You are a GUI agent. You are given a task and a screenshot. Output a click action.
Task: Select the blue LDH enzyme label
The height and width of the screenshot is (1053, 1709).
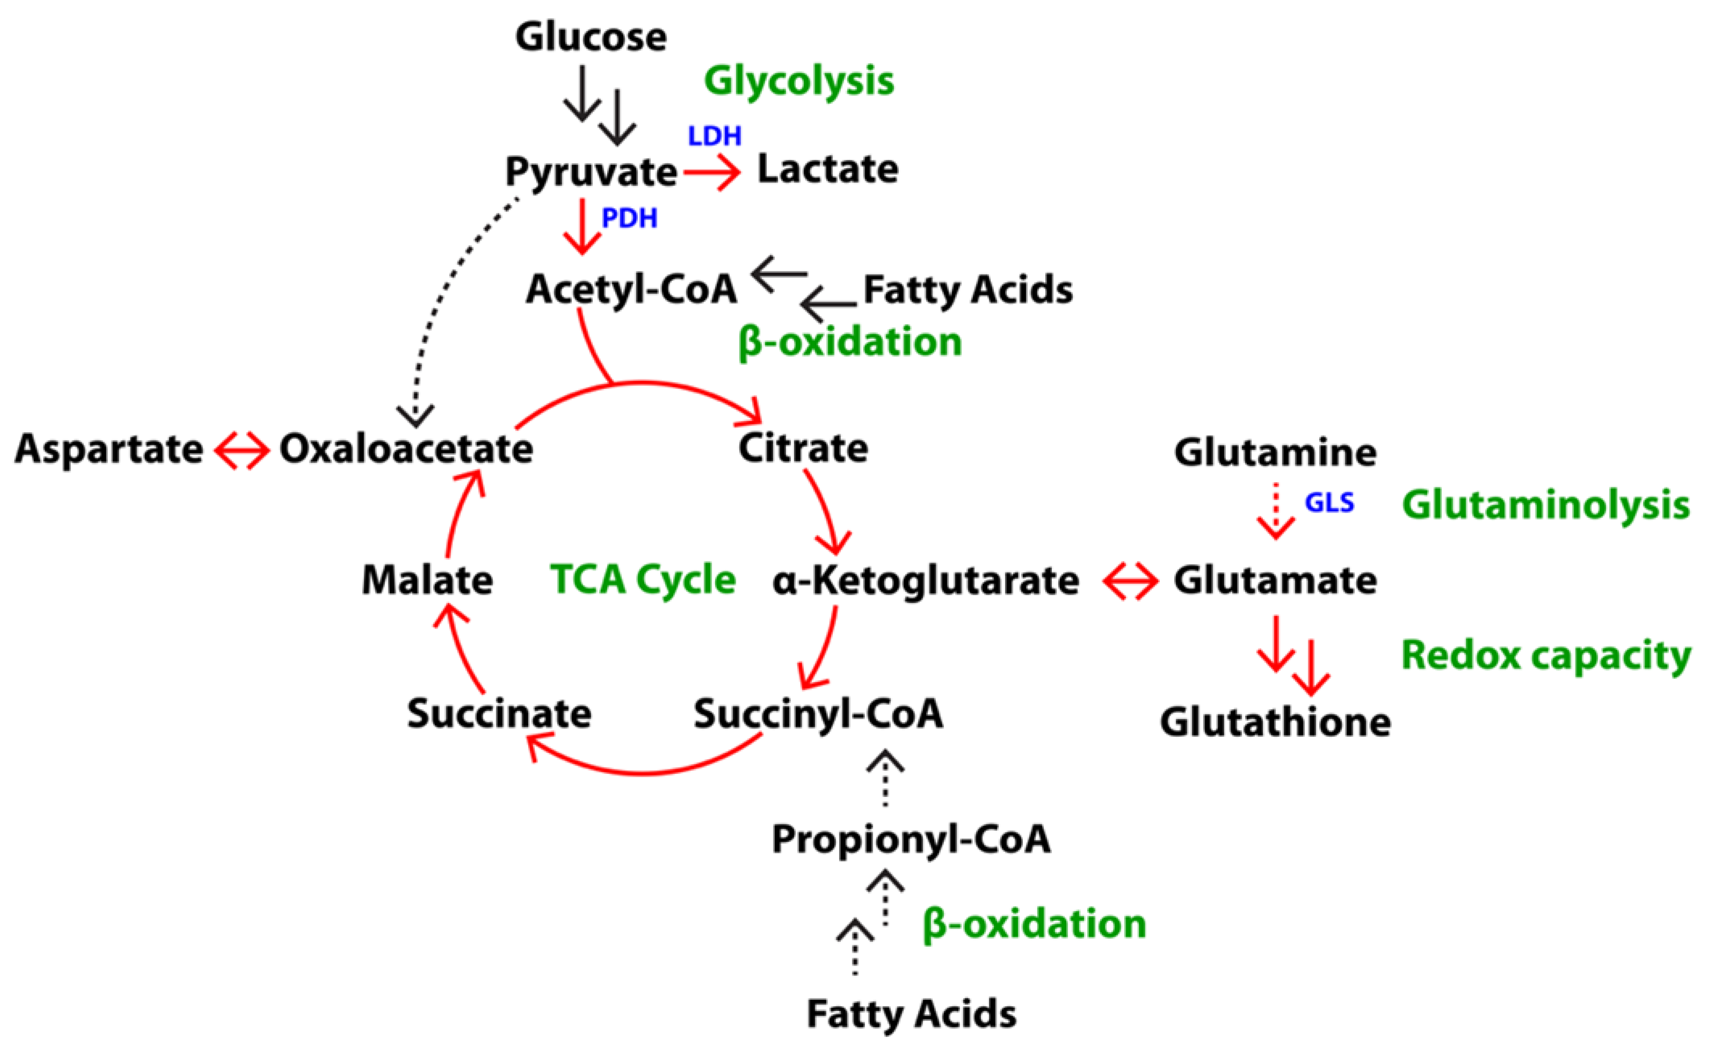coord(714,136)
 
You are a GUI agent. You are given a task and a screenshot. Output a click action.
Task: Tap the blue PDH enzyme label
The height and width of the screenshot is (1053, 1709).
coord(629,218)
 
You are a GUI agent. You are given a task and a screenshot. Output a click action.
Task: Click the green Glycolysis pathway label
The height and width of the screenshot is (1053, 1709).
coord(799,81)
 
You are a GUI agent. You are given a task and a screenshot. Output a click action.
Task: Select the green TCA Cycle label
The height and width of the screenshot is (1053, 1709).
coord(642,579)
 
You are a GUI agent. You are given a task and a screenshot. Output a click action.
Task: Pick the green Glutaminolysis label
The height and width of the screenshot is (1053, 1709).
coord(1546,505)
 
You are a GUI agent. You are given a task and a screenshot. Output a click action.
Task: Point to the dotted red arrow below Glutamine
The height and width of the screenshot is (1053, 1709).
coord(1275,512)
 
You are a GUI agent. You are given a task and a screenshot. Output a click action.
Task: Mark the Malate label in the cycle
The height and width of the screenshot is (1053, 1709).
coord(427,579)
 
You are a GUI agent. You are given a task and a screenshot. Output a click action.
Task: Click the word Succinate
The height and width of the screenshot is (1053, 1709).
coord(499,714)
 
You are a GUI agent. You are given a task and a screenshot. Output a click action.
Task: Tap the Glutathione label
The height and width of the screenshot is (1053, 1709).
coord(1275,722)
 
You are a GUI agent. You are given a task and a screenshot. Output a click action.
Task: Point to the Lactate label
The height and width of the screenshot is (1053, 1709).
coord(828,169)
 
